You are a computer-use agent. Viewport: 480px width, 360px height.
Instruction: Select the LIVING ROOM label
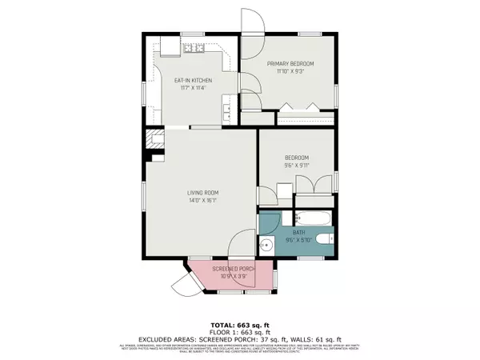pos(203,193)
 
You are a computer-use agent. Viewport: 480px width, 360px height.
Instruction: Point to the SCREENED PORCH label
pos(233,269)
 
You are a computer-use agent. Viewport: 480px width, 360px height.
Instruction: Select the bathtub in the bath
pos(313,218)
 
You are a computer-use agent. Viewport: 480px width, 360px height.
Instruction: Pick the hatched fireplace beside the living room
pos(150,142)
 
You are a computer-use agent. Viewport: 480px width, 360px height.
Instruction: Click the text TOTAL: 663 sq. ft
pos(240,314)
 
